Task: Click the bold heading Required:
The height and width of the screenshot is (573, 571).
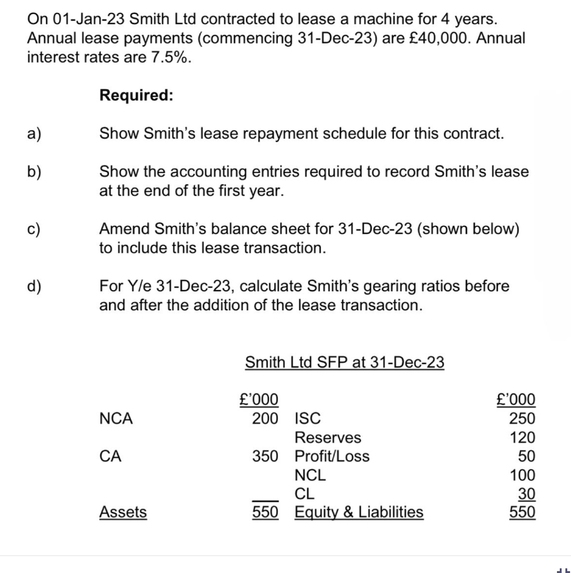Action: point(136,95)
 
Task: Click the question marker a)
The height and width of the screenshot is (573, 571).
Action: point(34,134)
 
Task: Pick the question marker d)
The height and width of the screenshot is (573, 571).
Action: point(34,286)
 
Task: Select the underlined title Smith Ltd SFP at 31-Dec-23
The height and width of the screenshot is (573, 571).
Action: point(344,362)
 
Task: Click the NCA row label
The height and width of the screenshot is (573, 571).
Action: point(116,418)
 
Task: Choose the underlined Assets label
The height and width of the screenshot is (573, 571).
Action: point(123,512)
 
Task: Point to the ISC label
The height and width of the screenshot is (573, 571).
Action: point(307,418)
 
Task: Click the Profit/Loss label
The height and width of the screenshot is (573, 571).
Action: point(332,456)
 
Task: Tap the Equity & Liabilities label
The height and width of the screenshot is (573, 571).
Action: point(359,512)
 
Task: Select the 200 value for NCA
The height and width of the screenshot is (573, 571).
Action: point(265,418)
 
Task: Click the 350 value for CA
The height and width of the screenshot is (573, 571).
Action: point(265,456)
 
